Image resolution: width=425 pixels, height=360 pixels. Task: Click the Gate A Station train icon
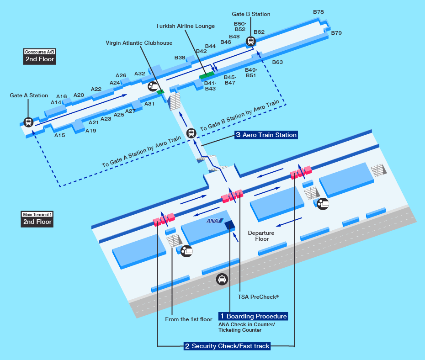(x=28, y=122)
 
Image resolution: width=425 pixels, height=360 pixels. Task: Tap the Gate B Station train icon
(x=250, y=41)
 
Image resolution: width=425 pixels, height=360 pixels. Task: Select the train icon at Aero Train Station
(x=191, y=133)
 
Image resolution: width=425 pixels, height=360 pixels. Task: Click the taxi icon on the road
(x=222, y=279)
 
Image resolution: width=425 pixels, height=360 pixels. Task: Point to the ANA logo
(x=214, y=221)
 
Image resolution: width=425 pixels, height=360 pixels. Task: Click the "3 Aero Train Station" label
(x=266, y=135)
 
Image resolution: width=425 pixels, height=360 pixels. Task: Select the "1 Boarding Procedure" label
(x=253, y=316)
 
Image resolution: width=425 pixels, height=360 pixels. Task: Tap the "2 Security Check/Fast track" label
(x=227, y=346)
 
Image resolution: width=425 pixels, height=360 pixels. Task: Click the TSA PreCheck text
(x=258, y=297)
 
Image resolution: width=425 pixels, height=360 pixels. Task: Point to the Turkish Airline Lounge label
(x=185, y=26)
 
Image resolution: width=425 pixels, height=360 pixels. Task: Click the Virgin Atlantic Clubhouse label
(x=139, y=43)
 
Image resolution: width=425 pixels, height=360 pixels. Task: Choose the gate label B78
(x=319, y=12)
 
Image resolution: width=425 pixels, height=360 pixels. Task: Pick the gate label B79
(x=336, y=33)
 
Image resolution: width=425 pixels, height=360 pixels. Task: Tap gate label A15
(x=60, y=135)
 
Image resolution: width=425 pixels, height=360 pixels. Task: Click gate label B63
(x=278, y=62)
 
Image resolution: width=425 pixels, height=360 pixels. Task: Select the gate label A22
(x=96, y=89)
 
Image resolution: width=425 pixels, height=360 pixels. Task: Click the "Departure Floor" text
(x=261, y=236)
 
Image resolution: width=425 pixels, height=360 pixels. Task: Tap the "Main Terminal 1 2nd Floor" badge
(x=38, y=219)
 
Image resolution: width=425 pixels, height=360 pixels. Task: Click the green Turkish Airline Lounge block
(x=207, y=75)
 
